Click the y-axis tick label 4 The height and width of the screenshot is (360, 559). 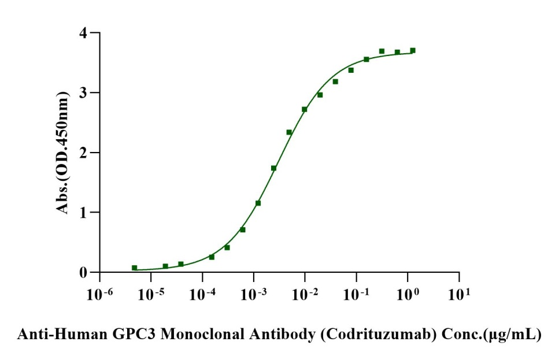pos(83,33)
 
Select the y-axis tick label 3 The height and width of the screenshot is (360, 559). pos(83,92)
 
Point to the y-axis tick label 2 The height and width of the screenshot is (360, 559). pos(83,153)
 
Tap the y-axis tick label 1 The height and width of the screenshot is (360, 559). pos(83,213)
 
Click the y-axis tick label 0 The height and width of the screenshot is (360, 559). pos(83,273)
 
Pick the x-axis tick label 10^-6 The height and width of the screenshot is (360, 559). pos(100,294)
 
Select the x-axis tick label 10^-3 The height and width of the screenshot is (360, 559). pos(254,294)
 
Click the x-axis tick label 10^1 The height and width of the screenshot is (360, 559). pos(459,294)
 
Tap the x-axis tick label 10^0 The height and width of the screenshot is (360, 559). pos(408,294)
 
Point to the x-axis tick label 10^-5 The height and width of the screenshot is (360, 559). pos(151,294)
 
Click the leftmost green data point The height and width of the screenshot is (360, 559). pos(134,268)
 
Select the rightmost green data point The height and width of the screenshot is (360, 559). pos(413,50)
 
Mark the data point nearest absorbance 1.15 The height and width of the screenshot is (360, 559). pos(258,203)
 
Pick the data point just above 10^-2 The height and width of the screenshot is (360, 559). pos(305,109)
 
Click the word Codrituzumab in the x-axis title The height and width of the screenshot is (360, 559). pos(379,335)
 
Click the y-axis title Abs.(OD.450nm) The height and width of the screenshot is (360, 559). pos(62,153)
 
